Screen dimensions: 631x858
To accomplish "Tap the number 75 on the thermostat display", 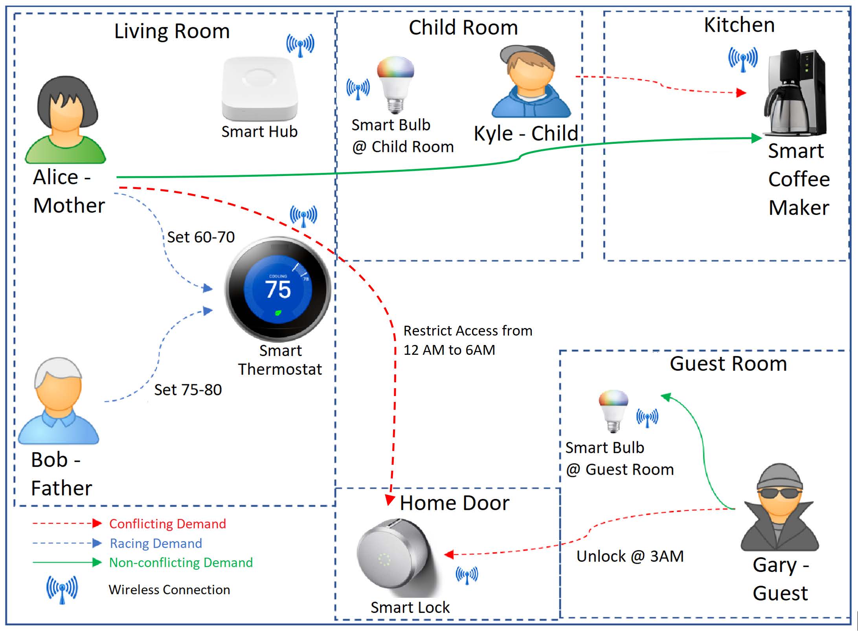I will click(278, 290).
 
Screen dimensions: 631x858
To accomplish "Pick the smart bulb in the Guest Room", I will click(613, 410).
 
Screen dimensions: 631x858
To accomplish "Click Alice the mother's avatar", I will click(66, 120).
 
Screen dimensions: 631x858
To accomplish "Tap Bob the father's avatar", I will click(59, 401).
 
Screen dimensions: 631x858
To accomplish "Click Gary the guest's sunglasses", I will click(780, 493).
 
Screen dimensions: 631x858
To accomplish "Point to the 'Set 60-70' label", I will click(201, 237).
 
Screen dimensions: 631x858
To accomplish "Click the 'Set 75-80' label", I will click(188, 390).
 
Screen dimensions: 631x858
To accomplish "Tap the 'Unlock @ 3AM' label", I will click(630, 556).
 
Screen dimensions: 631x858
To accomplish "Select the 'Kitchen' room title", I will click(739, 25).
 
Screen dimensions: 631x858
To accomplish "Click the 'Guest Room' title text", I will click(728, 363).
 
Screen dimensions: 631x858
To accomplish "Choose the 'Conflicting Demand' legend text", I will click(167, 524).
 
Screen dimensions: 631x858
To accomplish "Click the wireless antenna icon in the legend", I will click(62, 589).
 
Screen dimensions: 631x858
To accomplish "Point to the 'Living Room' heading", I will click(172, 31).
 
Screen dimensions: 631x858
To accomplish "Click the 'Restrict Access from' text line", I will click(468, 331).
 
